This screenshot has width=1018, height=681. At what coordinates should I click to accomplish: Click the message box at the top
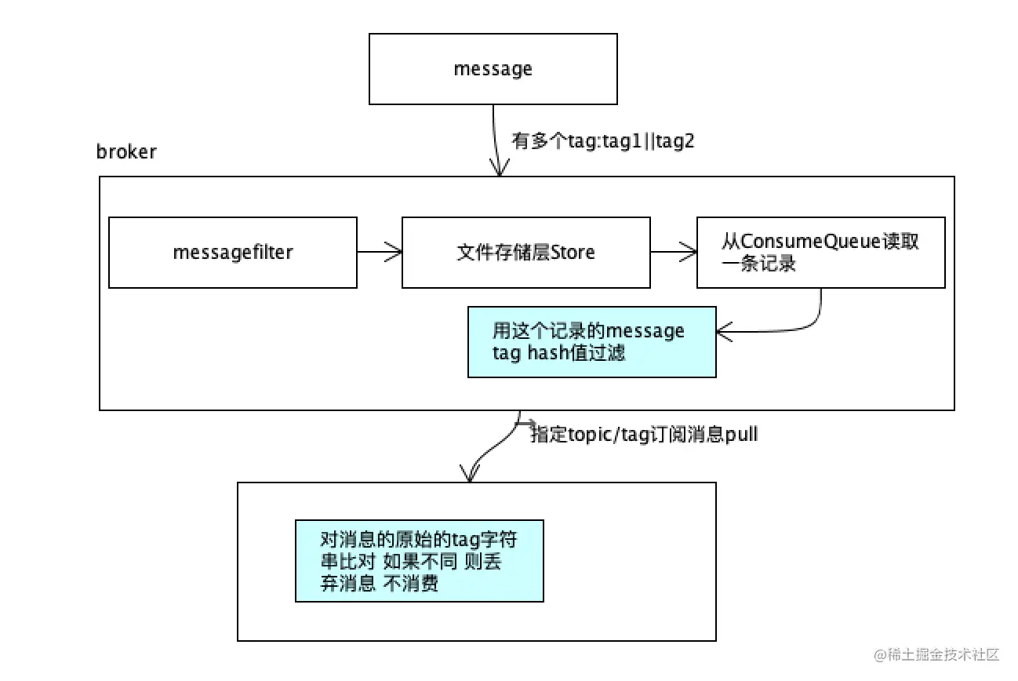point(493,69)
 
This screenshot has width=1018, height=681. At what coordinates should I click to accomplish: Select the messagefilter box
point(232,253)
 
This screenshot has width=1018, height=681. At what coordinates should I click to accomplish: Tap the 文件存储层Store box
point(525,253)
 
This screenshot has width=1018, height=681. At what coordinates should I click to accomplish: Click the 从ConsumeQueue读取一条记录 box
point(820,253)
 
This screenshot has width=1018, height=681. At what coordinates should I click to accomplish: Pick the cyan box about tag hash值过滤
point(591,342)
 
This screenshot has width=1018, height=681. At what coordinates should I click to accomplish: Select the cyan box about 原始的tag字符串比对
point(419,561)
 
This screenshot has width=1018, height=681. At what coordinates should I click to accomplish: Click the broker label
point(126,151)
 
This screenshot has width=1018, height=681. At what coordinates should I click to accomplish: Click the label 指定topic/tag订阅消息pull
point(644,435)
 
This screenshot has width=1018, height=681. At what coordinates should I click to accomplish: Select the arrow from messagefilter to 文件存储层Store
point(380,252)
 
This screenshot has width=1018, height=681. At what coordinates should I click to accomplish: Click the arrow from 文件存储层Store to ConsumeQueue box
point(673,252)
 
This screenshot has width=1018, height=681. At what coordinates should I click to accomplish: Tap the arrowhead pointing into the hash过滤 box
point(723,333)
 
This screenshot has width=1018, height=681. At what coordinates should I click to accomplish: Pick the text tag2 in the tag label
point(678,142)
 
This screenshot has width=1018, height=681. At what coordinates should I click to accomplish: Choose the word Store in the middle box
point(573,253)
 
